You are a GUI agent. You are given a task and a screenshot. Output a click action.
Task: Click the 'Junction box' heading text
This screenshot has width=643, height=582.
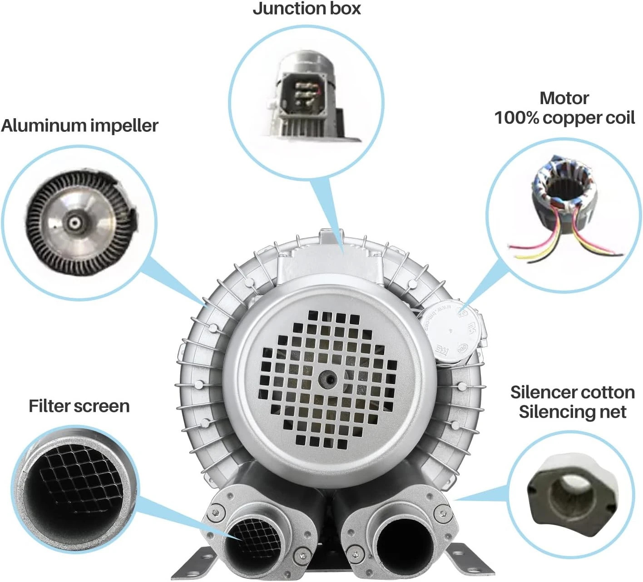click(307, 9)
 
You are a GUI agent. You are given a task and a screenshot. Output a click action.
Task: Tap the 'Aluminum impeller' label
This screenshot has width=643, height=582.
click(79, 125)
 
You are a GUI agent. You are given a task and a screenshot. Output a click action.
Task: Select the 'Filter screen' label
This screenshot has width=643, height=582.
click(79, 406)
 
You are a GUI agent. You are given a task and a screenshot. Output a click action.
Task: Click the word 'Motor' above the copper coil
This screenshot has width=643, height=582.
click(564, 98)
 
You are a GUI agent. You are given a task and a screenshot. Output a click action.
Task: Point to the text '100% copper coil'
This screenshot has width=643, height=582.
click(564, 118)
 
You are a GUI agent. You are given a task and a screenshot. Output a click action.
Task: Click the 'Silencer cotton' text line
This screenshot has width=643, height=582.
click(573, 392)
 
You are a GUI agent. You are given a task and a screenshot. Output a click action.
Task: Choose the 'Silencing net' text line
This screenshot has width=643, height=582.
click(573, 412)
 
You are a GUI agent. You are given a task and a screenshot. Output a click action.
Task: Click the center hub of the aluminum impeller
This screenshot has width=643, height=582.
click(74, 222)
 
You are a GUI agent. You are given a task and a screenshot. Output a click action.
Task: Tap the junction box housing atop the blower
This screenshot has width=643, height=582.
click(330, 257)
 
